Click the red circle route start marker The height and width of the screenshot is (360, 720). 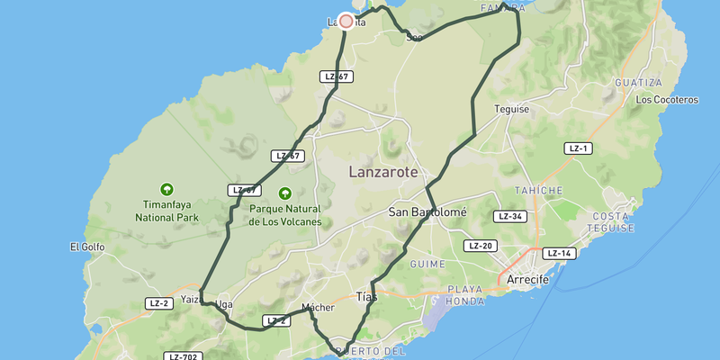pos(346,21)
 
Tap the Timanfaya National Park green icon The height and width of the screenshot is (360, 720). pos(166,189)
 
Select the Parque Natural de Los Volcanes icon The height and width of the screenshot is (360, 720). pos(285,193)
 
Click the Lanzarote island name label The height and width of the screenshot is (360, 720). pos(383,171)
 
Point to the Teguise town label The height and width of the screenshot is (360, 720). pos(511,109)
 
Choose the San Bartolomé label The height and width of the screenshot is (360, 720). pos(427,212)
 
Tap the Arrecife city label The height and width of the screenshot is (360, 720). pos(528,280)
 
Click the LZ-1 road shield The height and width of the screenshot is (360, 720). pos(578,148)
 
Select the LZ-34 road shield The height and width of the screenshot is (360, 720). pos(509,217)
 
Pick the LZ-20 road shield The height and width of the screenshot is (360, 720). pos(481,246)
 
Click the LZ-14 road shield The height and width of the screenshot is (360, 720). pos(559,254)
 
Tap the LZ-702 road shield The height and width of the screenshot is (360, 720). pos(184,357)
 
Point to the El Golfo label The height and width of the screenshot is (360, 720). pos(87,247)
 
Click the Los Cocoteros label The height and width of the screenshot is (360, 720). pos(667,100)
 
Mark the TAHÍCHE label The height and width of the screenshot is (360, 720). pos(538,191)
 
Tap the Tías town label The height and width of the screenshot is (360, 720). pos(367,296)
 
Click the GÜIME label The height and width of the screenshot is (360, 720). pos(427,264)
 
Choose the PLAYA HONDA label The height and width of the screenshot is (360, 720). pos(466,296)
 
